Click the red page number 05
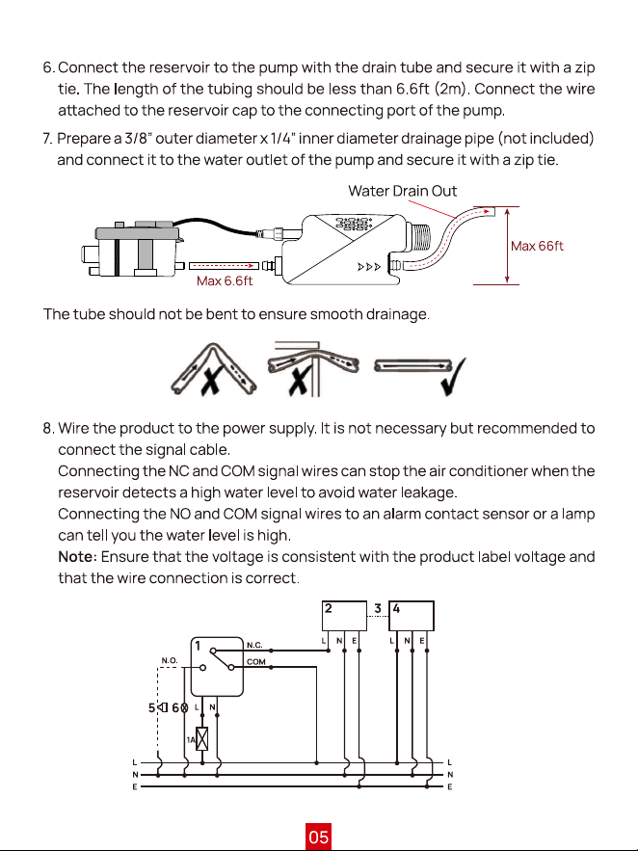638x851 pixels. (318, 837)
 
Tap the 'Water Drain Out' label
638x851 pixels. (402, 191)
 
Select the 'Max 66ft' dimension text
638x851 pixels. (537, 246)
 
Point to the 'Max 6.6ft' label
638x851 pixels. (225, 280)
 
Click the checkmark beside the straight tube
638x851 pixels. (452, 377)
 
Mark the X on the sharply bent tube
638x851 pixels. (210, 379)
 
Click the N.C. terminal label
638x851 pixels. (254, 645)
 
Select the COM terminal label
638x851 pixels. (256, 661)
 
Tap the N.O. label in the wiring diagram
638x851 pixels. (170, 660)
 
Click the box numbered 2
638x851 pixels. (344, 616)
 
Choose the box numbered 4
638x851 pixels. (412, 616)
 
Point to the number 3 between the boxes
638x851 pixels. (378, 608)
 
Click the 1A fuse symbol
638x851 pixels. (201, 739)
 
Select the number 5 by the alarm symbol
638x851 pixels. (152, 707)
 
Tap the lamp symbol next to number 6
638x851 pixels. (184, 707)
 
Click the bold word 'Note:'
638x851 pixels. (77, 557)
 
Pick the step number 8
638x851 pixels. (48, 428)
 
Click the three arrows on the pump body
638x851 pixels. (369, 267)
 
